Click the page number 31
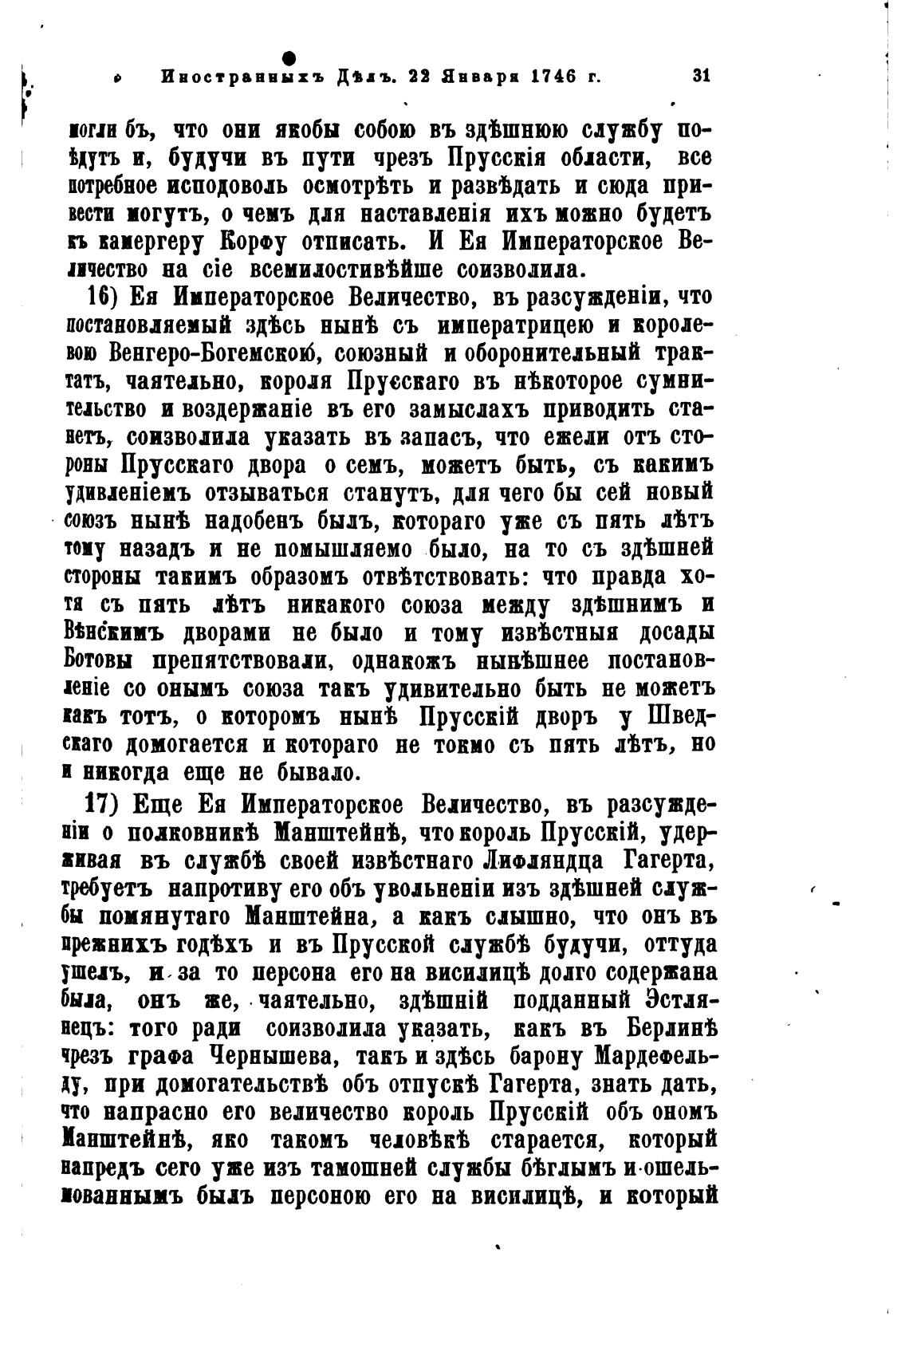click(x=701, y=77)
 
